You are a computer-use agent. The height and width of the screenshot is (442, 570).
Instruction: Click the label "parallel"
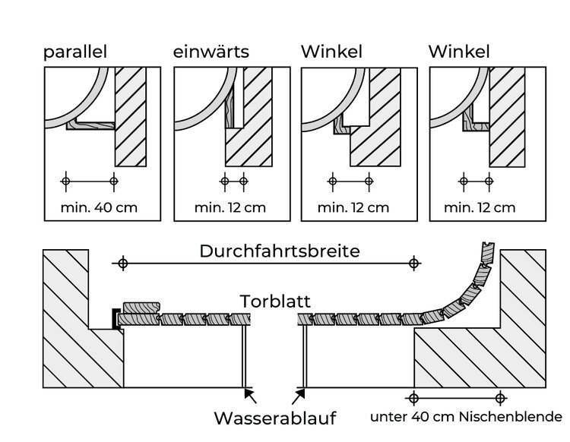pos(74,52)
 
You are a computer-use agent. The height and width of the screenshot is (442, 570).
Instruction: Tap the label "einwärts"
pos(211,52)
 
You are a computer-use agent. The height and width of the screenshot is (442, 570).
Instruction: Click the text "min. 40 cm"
pos(100,207)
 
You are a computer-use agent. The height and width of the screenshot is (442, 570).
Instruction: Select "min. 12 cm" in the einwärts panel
pos(230,207)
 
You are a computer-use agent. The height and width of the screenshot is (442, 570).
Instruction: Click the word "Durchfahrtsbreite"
pos(279,251)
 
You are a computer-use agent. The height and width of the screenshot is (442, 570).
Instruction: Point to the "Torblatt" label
pos(275,301)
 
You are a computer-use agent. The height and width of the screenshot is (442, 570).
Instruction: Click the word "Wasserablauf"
pos(274,418)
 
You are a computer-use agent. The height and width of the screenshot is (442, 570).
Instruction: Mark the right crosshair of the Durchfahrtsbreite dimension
pos(413,264)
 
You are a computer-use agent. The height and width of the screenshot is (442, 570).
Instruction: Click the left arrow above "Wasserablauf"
pos(251,395)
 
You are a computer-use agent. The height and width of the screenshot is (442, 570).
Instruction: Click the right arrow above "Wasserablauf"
pos(299,395)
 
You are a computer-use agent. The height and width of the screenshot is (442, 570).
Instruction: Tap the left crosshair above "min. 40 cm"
pos(65,181)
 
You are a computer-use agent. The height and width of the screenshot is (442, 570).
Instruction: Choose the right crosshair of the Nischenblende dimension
pos(499,397)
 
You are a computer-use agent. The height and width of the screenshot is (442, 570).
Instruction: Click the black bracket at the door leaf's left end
pos(115,318)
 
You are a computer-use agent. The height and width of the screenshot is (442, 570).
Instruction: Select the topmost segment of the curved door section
pos(486,252)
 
